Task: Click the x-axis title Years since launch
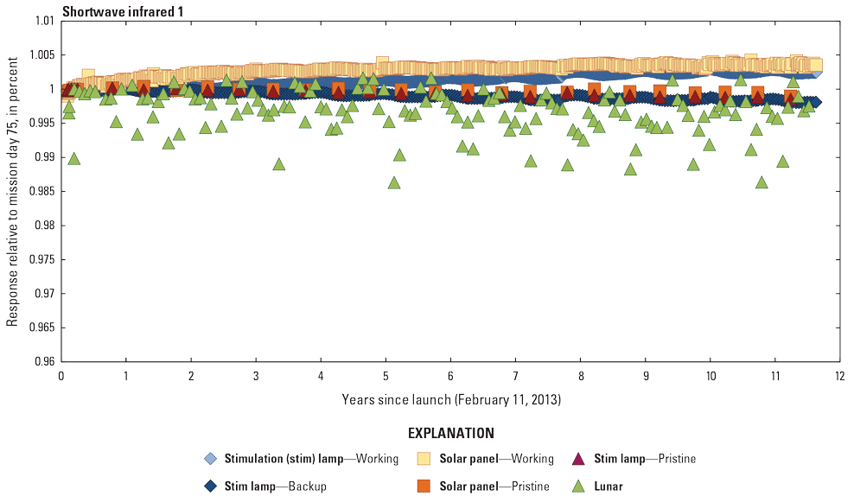pos(450,399)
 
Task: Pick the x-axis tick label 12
pos(839,377)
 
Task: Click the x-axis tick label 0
pos(61,377)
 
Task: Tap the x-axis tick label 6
pos(450,377)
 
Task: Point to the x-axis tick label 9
pos(645,377)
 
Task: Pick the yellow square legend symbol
pos(424,459)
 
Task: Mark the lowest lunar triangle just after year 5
pos(394,182)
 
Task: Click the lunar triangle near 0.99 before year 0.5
pos(74,158)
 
